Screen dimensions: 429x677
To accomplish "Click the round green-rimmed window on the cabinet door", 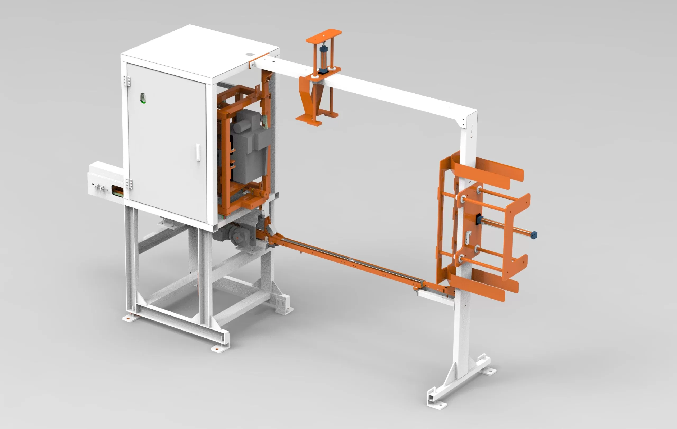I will point(143,98).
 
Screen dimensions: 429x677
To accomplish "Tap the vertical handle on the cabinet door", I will point(198,152).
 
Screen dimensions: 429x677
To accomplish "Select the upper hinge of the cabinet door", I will point(127,81).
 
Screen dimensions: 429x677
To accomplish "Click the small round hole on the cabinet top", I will point(249,55).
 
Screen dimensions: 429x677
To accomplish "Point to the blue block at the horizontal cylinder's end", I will point(534,234).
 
